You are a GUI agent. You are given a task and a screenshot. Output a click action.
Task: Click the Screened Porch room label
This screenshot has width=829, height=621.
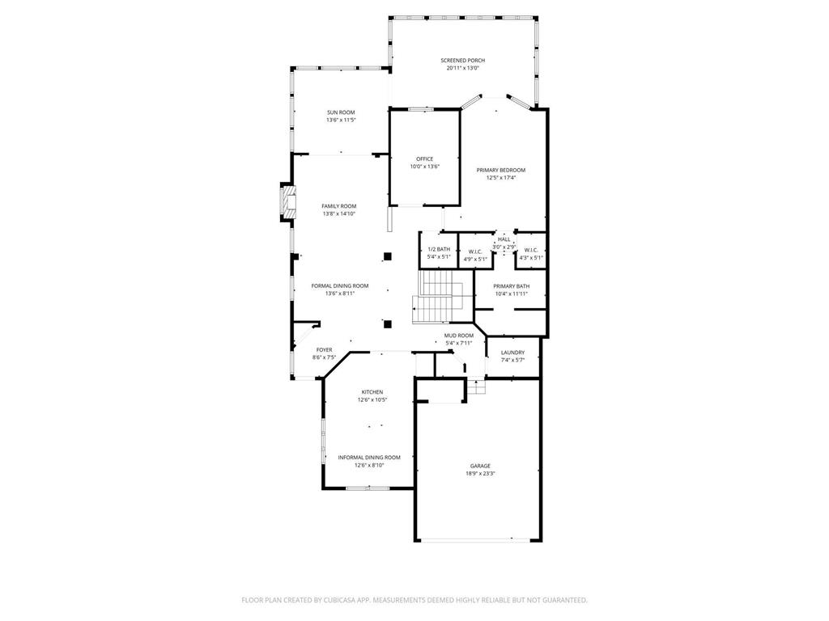click(462, 61)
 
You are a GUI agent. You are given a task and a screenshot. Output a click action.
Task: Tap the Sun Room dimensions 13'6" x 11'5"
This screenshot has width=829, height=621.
click(341, 120)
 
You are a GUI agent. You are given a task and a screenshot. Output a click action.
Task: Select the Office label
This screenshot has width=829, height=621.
click(424, 158)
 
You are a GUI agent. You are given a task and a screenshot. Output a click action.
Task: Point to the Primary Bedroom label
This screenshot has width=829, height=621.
click(500, 170)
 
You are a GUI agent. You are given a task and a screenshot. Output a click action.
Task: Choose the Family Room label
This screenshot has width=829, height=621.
click(338, 206)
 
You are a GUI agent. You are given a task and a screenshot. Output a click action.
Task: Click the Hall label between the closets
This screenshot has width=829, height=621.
click(504, 239)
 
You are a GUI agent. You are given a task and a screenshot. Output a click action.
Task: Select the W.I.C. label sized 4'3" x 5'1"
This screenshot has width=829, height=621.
click(531, 251)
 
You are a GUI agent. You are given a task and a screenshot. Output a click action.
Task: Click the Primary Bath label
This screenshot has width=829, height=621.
click(511, 286)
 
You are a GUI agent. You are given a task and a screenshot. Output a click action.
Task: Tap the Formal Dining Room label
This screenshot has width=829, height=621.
click(340, 285)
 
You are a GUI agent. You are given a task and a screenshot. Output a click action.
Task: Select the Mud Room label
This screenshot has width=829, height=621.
click(458, 335)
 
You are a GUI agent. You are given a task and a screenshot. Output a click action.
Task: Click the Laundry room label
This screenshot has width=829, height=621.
click(512, 353)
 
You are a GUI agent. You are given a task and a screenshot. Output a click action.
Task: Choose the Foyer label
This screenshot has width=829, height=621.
click(324, 350)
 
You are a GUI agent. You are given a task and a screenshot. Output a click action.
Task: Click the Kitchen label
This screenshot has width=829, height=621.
click(372, 392)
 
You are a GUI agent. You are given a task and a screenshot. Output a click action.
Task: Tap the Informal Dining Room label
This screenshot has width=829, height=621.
click(369, 457)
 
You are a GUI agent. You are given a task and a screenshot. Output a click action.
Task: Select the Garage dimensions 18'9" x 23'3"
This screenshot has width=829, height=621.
click(479, 474)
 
